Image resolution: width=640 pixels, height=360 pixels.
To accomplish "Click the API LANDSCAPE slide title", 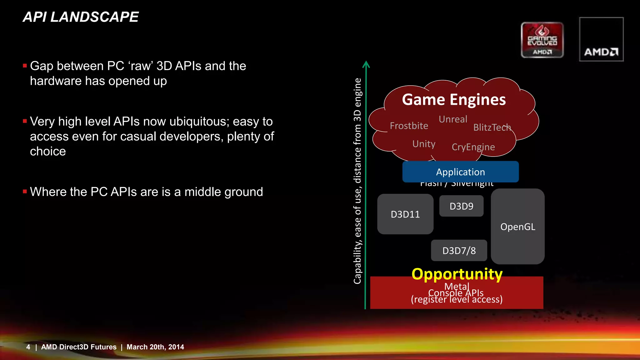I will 81,17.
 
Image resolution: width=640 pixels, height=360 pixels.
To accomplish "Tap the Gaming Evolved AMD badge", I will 542,40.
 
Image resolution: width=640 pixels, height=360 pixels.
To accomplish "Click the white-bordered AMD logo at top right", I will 601,39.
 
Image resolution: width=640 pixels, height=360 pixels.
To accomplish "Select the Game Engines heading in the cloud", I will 454,100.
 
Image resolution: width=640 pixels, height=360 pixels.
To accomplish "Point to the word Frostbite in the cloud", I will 409,126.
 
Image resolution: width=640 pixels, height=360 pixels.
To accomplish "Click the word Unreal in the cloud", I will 453,119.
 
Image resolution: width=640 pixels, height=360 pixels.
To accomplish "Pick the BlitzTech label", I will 492,127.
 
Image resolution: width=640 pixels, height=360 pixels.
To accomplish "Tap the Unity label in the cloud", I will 424,144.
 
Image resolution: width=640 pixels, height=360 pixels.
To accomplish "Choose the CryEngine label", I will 473,147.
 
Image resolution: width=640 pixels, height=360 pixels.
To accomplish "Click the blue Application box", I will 460,172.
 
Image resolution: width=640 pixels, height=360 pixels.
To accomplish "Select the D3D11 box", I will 405,214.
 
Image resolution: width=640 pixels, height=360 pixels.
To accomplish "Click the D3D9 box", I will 461,206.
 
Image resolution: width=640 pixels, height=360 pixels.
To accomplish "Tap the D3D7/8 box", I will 459,251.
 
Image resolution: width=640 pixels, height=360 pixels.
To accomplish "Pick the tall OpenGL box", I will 517,227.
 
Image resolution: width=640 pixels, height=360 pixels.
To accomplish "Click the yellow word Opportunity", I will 457,274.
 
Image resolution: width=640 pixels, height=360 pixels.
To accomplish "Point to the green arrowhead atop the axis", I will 366,64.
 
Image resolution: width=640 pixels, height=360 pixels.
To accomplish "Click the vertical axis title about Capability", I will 357,181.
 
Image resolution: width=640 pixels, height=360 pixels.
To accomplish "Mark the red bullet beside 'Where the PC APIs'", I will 25,191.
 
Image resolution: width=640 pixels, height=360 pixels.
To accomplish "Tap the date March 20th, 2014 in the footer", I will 155,347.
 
